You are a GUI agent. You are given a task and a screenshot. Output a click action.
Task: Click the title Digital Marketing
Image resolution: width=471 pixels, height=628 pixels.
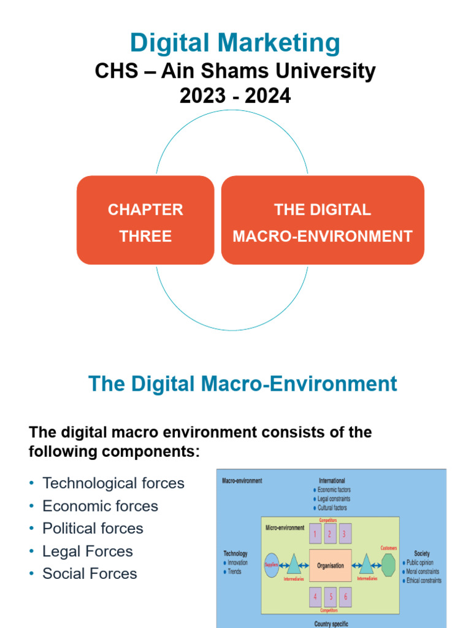click(235, 44)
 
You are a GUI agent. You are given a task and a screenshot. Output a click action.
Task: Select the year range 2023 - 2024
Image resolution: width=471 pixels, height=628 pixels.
click(235, 96)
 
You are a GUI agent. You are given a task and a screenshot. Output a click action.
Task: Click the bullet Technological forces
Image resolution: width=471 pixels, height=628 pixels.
click(113, 483)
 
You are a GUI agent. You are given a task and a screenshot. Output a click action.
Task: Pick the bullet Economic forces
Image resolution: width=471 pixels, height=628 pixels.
click(100, 506)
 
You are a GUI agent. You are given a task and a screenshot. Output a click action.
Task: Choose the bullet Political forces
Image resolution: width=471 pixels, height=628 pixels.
click(93, 529)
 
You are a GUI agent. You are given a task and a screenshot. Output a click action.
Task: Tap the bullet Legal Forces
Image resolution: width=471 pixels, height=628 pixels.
click(87, 551)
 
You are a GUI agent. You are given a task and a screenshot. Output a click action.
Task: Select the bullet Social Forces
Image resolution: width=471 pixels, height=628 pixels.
click(90, 574)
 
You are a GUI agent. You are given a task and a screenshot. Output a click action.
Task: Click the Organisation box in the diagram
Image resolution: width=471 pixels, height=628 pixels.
click(330, 565)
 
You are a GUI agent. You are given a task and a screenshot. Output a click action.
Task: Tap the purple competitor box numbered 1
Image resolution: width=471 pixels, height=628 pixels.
click(315, 534)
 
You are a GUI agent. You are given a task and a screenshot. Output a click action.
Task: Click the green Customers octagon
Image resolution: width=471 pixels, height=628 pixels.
click(388, 565)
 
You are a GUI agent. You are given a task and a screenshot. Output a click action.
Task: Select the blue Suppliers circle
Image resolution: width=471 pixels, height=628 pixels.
click(272, 565)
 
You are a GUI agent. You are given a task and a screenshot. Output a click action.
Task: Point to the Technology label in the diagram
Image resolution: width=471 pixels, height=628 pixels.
click(235, 553)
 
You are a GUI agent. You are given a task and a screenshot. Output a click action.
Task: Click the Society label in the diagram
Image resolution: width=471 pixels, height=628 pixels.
click(422, 553)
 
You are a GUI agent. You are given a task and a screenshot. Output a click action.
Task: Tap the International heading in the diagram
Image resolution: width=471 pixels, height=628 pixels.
click(332, 481)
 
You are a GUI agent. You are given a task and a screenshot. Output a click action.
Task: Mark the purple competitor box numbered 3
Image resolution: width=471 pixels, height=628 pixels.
click(345, 534)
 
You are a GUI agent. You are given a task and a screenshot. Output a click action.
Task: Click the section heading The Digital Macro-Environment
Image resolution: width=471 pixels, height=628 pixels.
click(243, 385)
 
